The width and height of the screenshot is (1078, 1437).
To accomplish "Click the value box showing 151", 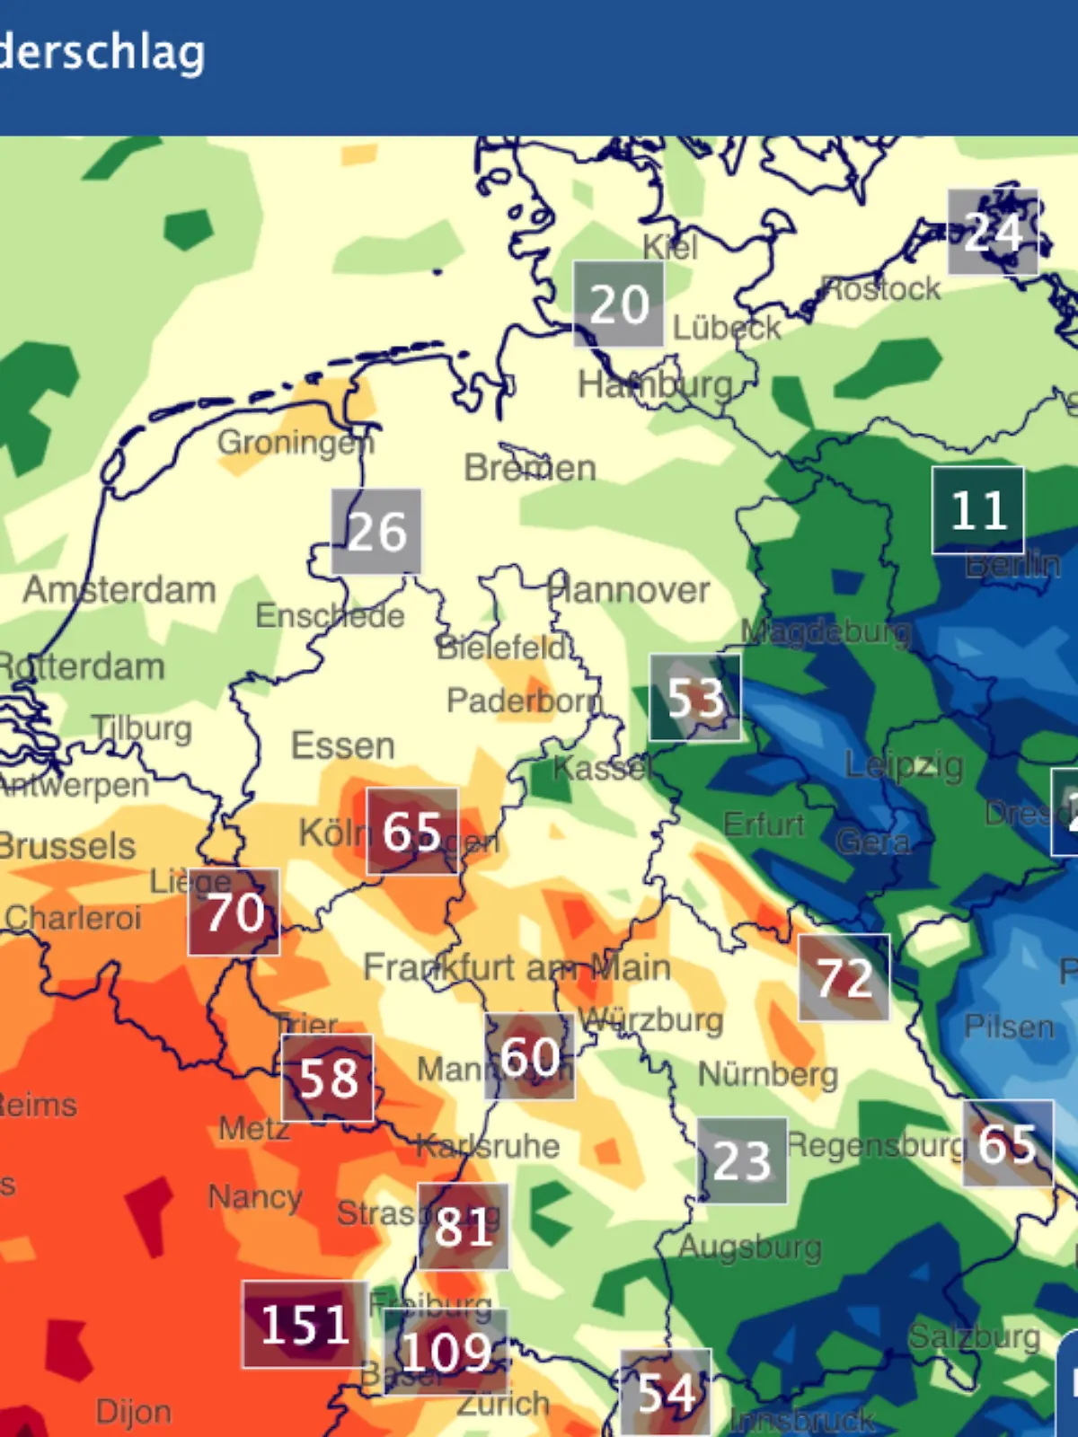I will point(305,1325).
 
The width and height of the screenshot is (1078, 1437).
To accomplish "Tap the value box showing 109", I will point(446,1352).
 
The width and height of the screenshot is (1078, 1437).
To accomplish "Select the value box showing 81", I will point(464,1226).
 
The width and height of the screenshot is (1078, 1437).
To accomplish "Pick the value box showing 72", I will point(844,977).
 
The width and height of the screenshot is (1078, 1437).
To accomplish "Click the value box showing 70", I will point(234,912).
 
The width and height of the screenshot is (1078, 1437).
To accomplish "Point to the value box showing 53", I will point(695,698).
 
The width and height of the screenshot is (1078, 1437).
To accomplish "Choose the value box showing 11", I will point(977,510).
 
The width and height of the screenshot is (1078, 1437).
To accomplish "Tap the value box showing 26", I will point(376,532).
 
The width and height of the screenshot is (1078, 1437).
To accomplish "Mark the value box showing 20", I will point(619,304).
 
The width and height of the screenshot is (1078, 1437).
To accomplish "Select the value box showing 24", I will point(993,233).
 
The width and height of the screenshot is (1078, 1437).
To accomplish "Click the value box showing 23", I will point(742,1160).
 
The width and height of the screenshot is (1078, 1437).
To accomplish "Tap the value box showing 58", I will point(328,1078).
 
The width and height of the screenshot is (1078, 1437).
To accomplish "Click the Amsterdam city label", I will point(119,590).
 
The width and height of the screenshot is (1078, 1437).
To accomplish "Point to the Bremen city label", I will point(530,468).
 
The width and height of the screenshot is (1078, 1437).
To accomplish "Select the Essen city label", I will point(342,745).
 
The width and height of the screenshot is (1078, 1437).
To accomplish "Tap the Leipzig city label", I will point(904,765).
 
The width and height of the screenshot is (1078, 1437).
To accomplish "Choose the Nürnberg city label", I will point(768,1074).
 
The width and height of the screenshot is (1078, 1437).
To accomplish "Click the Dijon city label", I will point(134,1411).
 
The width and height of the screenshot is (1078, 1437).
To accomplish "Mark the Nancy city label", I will point(255,1197).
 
